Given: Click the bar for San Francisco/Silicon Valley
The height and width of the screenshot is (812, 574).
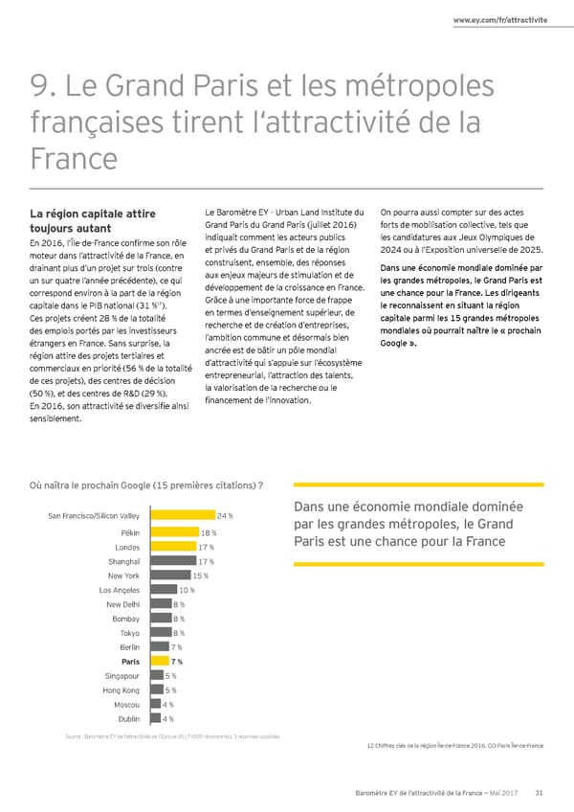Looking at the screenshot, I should pos(179,517).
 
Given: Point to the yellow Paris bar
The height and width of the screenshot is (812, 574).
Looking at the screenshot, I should pos(155,662).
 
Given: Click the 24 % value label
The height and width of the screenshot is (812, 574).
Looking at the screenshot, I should pos(227,517).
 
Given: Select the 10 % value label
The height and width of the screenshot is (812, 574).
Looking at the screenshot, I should pos(188,590).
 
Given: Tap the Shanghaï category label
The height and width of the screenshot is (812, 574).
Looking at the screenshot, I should pos(124,561).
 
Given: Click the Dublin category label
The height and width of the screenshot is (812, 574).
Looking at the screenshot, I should pos(128,719).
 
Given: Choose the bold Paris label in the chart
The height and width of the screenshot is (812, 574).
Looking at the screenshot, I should pos(130,662).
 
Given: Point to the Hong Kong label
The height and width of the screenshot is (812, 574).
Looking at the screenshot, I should pos(121,690).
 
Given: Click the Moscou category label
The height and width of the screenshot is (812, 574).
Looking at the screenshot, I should pos(124,705).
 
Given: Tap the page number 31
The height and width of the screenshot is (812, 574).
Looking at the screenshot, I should pos(540,791).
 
